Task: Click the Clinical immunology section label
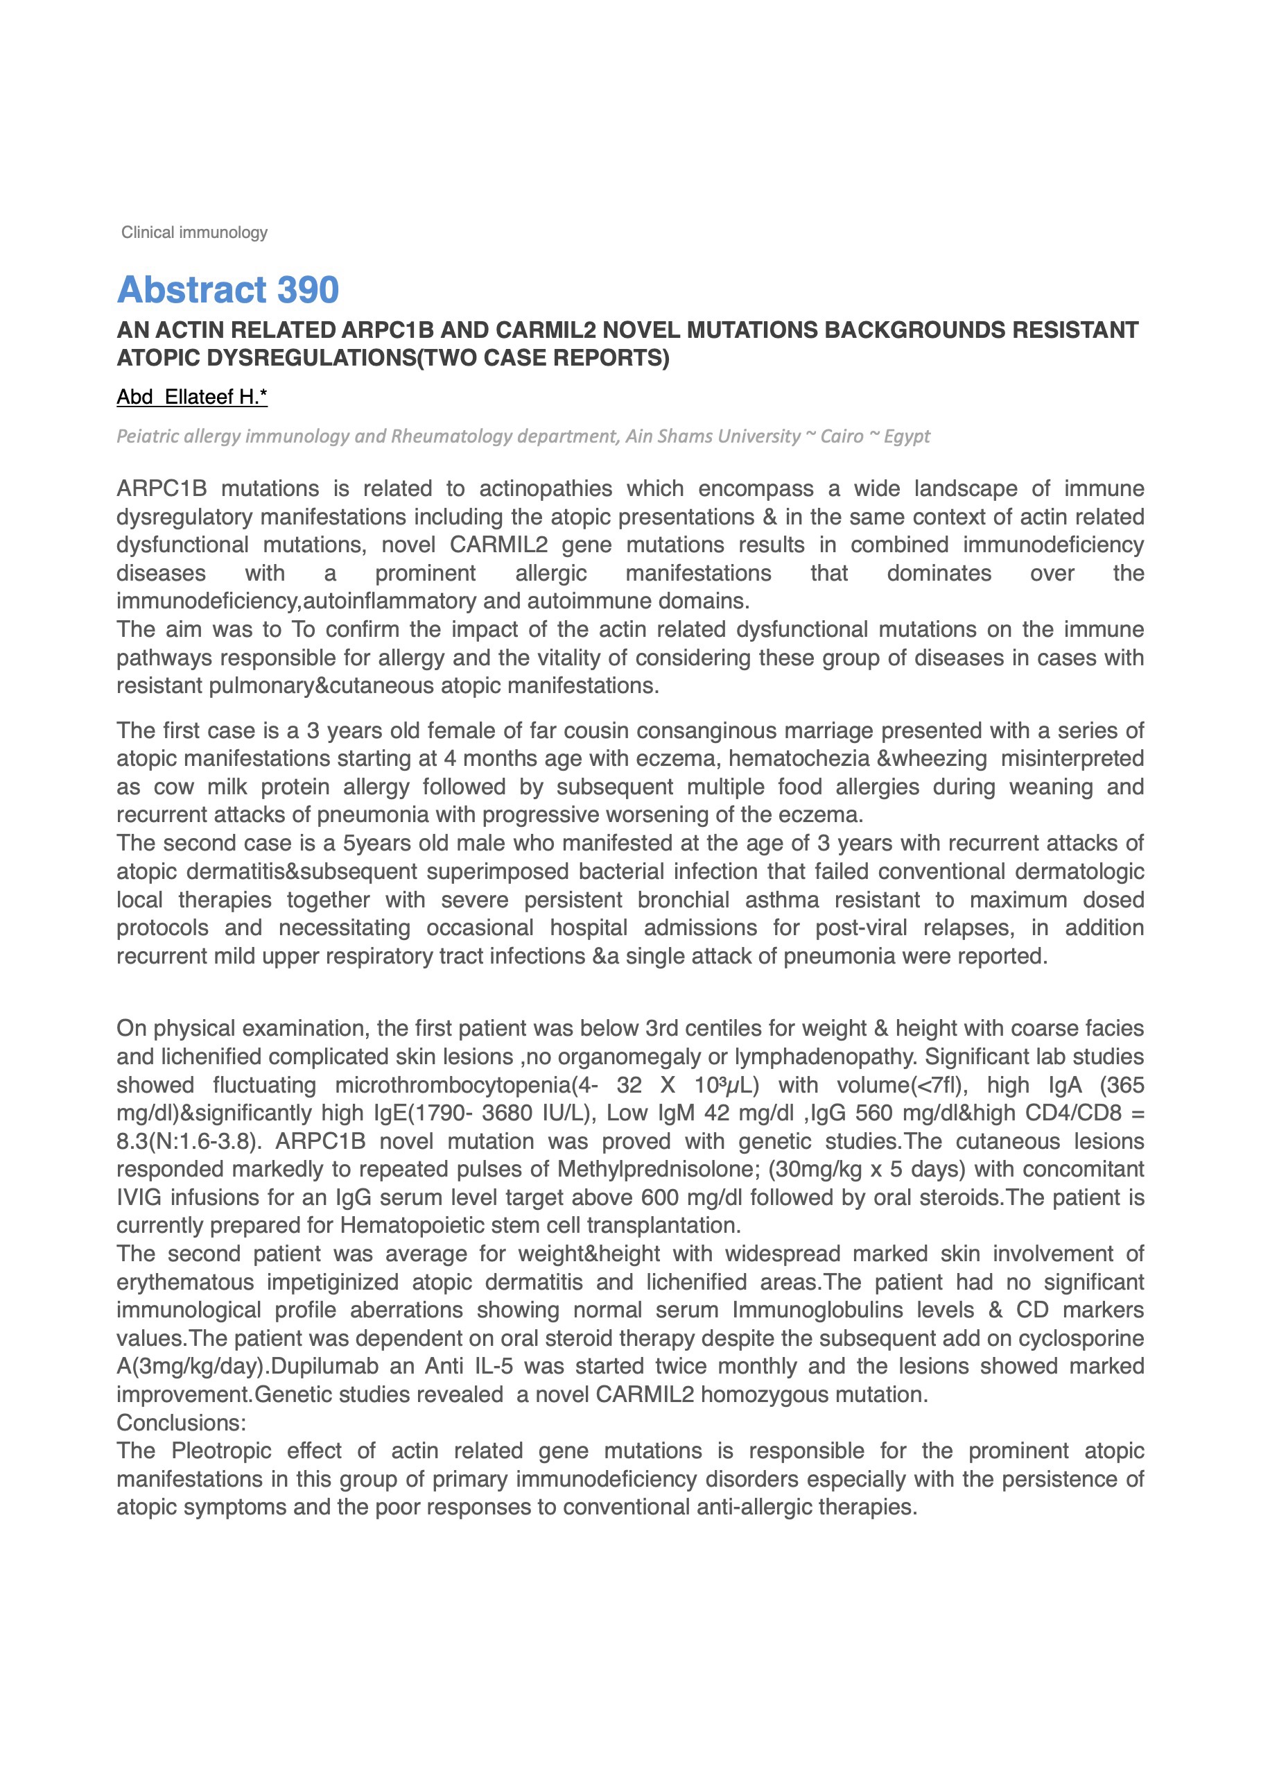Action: pyautogui.click(x=194, y=232)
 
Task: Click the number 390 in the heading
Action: pyautogui.click(x=308, y=290)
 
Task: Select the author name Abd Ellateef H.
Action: pyautogui.click(x=191, y=398)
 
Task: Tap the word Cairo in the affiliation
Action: pyautogui.click(x=842, y=436)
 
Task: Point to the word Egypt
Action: pyautogui.click(x=907, y=436)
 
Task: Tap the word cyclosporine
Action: pyautogui.click(x=1081, y=1338)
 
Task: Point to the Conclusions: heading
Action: pyautogui.click(x=181, y=1423)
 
